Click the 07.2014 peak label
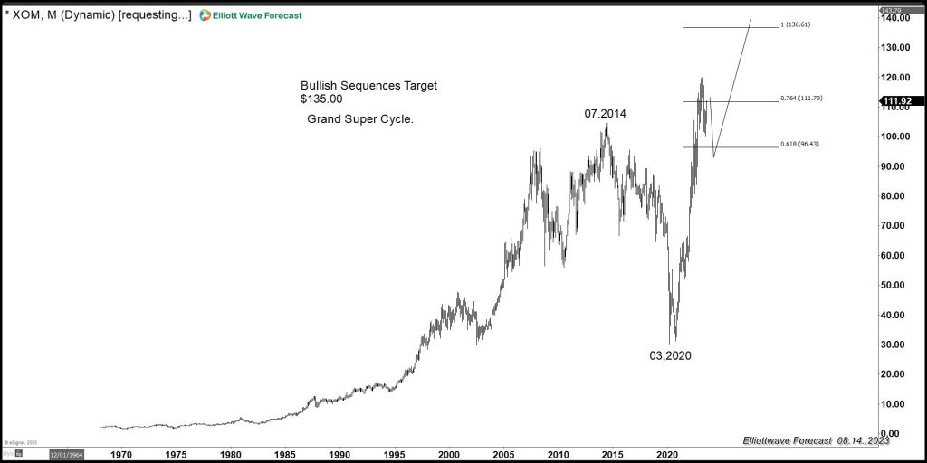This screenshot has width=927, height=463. [x=605, y=114]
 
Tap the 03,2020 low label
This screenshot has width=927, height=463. [x=670, y=355]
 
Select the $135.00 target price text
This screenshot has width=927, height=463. [x=321, y=99]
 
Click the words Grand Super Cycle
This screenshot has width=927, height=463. [x=360, y=119]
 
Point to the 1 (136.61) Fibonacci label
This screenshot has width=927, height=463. [x=794, y=25]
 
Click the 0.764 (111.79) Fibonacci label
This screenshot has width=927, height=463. [x=800, y=99]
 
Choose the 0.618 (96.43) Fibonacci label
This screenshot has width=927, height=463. [x=799, y=145]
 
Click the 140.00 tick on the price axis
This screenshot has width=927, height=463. [x=895, y=18]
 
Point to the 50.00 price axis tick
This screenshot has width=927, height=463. [x=895, y=285]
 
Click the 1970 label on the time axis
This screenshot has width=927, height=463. [x=121, y=455]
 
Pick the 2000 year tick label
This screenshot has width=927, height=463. [x=449, y=455]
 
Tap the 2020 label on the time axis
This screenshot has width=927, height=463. [x=667, y=455]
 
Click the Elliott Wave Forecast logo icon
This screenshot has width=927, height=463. [x=205, y=15]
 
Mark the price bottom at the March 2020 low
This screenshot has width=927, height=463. [x=673, y=343]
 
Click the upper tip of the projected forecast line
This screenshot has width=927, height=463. [x=750, y=20]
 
